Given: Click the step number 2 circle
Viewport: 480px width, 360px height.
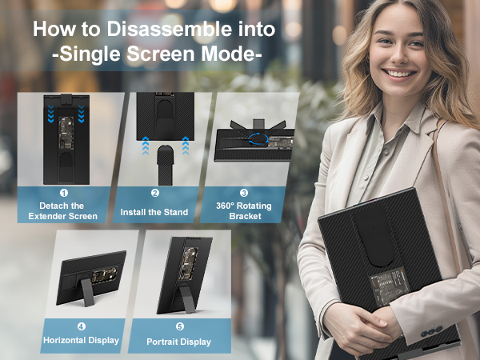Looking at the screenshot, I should pos(154,193).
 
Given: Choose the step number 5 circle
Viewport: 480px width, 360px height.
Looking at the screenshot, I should pos(178,326).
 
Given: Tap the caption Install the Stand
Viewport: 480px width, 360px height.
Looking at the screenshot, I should pos(154,212).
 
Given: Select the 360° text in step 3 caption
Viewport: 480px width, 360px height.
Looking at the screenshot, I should pos(229,205).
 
